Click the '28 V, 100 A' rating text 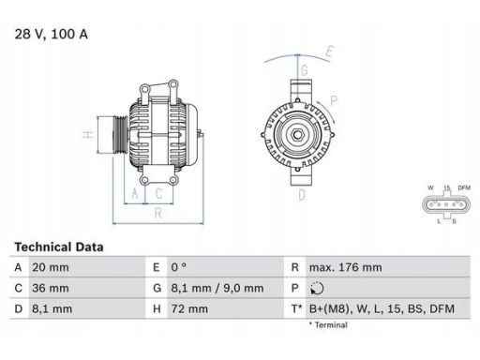point(52,34)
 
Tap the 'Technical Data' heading point(59,247)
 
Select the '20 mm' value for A point(51,267)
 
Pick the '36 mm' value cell point(51,288)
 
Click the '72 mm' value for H point(189,309)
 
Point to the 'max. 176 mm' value point(346,267)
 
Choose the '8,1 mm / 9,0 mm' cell point(217,288)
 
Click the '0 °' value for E point(178,267)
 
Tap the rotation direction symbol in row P point(317,288)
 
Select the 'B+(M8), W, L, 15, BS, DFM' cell point(382,309)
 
